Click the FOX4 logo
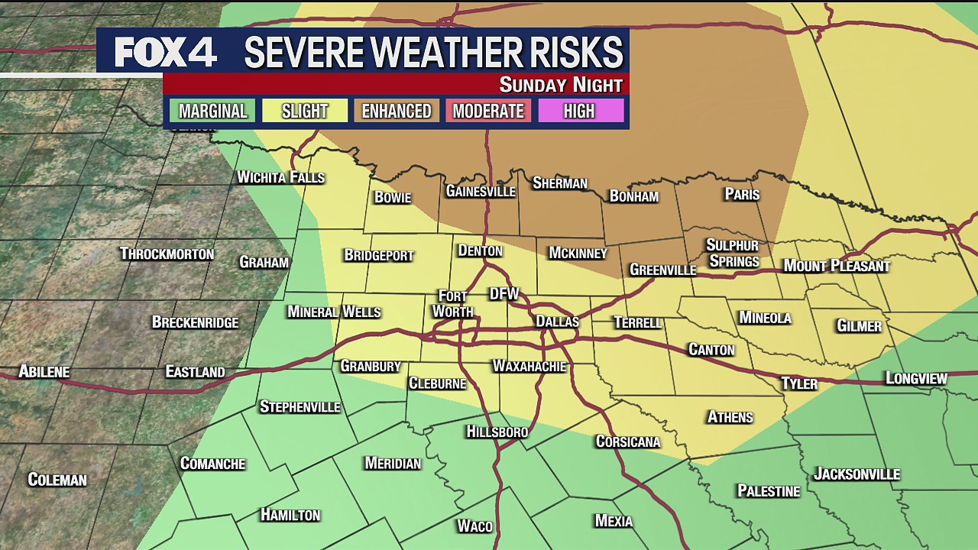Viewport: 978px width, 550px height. tap(166, 52)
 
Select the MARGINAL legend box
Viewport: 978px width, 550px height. tap(212, 111)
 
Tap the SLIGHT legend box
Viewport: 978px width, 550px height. tap(305, 111)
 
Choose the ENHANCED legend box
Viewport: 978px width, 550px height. tap(397, 111)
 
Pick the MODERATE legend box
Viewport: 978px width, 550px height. tap(488, 111)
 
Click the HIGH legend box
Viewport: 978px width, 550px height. tap(579, 111)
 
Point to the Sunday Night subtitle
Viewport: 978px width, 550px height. tap(561, 85)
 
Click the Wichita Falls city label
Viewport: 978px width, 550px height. tap(280, 177)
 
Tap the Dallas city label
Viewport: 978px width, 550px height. tap(557, 322)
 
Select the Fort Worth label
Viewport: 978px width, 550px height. tap(453, 303)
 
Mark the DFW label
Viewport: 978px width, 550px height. tap(504, 294)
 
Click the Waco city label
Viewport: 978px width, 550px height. tap(474, 526)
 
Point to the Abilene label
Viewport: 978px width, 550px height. tap(44, 372)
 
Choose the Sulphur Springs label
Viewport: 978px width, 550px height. tap(733, 253)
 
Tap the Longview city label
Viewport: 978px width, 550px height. tap(916, 378)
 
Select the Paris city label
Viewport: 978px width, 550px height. tap(742, 194)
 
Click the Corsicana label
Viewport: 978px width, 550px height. tap(628, 442)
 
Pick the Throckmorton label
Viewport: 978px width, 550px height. tap(167, 254)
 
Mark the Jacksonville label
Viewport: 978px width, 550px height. tap(857, 474)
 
